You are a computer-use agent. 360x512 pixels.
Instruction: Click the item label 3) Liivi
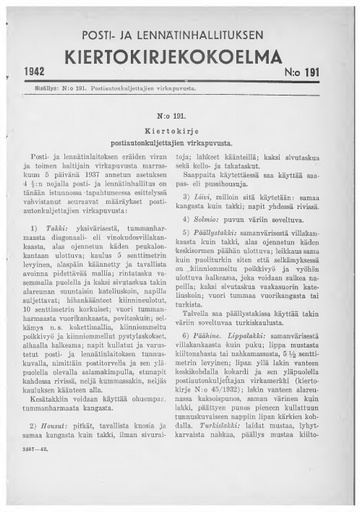pos(206,199)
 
